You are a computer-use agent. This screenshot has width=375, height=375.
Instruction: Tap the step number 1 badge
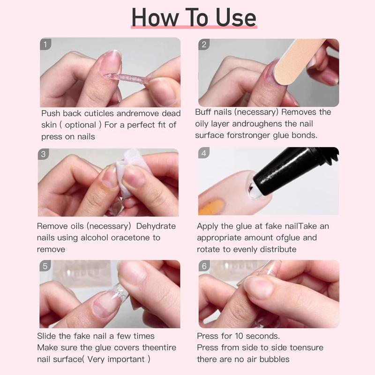pos(45,45)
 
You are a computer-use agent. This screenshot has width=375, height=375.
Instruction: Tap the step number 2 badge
pos(204,45)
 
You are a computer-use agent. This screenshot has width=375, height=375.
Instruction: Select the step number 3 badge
pos(44,154)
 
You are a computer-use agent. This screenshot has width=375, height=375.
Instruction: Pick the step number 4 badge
pos(204,153)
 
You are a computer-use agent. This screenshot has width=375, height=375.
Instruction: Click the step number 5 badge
pos(45,266)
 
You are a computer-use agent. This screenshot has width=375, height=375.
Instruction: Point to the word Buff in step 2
pos(204,112)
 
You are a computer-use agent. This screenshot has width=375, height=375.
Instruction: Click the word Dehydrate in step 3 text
pos(153,226)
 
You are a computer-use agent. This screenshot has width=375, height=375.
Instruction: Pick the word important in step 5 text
pos(126,359)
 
